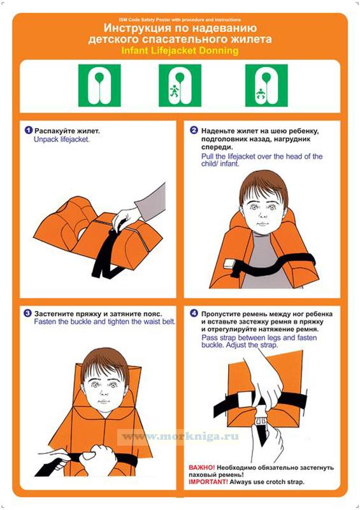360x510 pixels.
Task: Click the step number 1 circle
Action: (x=29, y=131)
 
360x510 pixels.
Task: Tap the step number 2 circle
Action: (x=194, y=131)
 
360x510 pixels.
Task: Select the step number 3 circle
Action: (x=28, y=314)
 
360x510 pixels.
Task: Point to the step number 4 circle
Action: (x=194, y=314)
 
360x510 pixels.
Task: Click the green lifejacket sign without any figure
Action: (x=99, y=85)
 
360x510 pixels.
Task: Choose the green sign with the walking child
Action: (x=180, y=85)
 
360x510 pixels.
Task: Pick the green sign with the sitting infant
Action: (x=266, y=85)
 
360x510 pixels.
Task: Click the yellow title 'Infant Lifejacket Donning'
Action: (x=180, y=51)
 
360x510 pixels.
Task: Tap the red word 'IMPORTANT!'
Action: (x=208, y=482)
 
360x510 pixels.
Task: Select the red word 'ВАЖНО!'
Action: (x=201, y=467)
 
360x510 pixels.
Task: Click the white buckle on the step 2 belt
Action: (x=230, y=263)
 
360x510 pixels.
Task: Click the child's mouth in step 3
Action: (x=103, y=401)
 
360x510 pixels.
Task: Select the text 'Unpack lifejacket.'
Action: (x=62, y=140)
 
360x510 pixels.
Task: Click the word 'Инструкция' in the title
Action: (x=137, y=28)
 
